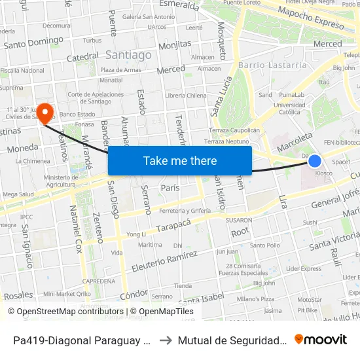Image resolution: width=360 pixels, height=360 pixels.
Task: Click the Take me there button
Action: [x=180, y=160]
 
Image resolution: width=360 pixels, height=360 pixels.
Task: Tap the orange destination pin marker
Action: [x=45, y=113]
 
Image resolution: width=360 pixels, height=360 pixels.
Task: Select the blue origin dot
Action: [x=315, y=160]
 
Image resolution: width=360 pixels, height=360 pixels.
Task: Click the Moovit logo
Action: [x=321, y=339]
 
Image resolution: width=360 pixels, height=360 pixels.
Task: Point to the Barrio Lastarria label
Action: [x=272, y=65]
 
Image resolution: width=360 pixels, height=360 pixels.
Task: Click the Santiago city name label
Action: [x=128, y=56]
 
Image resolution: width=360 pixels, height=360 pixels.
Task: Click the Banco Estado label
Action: [x=78, y=115]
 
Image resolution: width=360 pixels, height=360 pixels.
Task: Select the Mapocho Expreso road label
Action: [x=310, y=19]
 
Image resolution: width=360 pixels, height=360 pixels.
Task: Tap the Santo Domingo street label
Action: [x=33, y=43]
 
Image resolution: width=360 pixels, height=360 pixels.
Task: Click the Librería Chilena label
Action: [x=186, y=96]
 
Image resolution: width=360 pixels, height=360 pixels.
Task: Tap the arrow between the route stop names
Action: [x=166, y=340]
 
